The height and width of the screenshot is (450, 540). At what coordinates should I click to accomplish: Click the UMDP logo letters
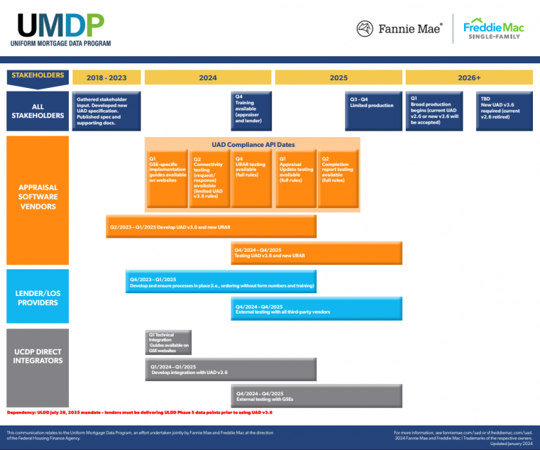(x=60, y=25)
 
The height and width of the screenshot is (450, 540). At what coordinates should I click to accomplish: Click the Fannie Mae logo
(x=399, y=29)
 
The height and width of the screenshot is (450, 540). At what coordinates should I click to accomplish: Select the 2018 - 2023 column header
(x=106, y=77)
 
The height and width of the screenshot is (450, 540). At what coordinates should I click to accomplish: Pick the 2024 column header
(x=207, y=77)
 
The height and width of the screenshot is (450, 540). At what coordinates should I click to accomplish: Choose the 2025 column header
(x=338, y=77)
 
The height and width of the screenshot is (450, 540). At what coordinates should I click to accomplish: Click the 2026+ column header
(x=468, y=77)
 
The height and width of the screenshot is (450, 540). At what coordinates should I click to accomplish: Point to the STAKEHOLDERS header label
(x=38, y=76)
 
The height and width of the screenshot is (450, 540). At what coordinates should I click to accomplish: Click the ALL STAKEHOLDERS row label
(x=37, y=111)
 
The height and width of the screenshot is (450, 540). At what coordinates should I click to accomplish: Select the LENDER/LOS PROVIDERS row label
(x=37, y=296)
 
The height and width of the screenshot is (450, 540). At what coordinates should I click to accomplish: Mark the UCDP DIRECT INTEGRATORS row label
(x=37, y=356)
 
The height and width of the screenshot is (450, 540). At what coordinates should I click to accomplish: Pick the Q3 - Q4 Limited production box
(x=373, y=111)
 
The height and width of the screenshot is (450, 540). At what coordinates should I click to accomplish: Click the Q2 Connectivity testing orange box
(x=210, y=179)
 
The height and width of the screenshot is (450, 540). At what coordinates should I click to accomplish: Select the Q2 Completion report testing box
(x=337, y=179)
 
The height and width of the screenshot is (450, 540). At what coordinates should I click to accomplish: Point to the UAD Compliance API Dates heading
(x=253, y=144)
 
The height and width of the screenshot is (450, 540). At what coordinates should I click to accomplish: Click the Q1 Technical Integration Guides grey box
(x=167, y=342)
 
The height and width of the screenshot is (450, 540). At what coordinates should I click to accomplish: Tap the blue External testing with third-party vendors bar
(x=316, y=309)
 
